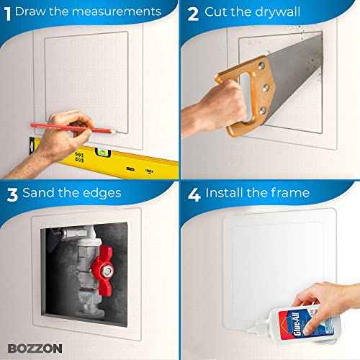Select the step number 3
tap(11, 193)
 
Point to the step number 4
tap(193, 193)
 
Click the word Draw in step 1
tap(32, 12)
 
